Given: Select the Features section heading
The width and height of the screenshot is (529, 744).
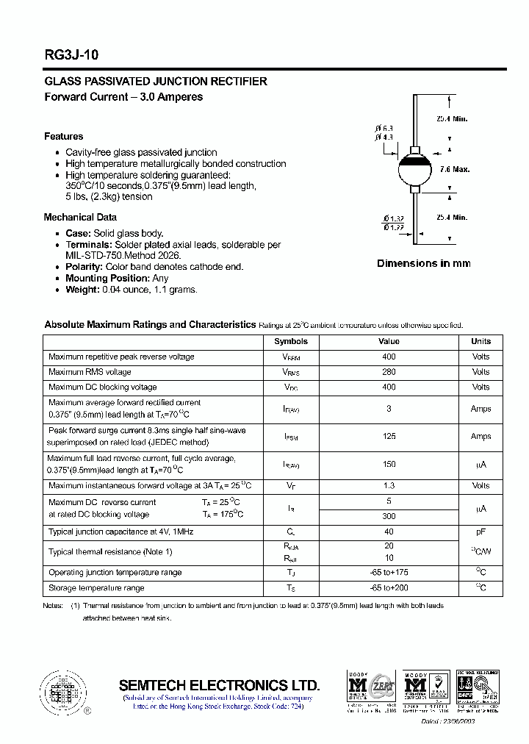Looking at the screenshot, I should pos(64,136).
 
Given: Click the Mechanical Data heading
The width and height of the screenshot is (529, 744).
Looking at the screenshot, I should pos(80,217).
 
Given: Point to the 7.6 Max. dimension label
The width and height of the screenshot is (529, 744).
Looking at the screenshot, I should pos(455,170).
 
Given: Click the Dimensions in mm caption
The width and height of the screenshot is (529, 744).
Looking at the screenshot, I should pos(423,263).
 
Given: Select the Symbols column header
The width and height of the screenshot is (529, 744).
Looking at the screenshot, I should pos(291,341).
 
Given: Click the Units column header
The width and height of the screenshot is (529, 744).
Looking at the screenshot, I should pos(481,341).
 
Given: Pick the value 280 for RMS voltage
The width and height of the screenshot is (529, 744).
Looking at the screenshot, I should pos(389,372).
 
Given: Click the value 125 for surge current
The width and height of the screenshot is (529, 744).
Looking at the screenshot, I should pos(389,436).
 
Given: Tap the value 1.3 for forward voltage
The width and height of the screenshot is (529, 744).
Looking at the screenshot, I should pos(389,485).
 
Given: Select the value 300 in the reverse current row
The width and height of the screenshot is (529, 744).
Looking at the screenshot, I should pos(389,516).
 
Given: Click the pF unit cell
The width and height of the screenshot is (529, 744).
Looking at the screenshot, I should pos(481,532).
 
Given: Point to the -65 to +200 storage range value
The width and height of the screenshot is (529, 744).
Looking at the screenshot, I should pos(389,587).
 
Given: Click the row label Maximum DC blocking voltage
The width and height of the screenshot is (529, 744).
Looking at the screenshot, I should pos(103,387).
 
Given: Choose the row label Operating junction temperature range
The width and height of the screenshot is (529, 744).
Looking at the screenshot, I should pos(115,572).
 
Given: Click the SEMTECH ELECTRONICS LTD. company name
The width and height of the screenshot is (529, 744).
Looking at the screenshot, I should pos(219,684).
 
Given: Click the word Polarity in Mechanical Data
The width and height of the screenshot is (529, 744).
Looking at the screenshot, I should pos(84,267).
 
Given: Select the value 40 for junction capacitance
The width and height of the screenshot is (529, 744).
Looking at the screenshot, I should pos(389,532).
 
